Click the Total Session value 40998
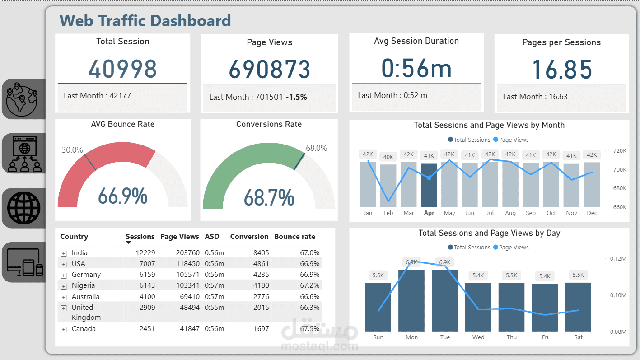coord(122,69)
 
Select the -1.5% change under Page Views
coord(296,97)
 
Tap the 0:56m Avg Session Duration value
coord(416,68)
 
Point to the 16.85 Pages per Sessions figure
coord(561,70)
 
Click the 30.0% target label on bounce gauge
coord(72,150)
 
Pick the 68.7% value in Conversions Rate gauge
coord(269,197)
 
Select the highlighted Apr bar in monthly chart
coord(429,185)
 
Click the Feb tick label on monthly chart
coord(388,213)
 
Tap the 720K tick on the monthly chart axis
coord(620,151)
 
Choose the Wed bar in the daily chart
coord(478,307)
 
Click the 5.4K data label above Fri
coord(545,276)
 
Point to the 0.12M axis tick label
coord(618,258)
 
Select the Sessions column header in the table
coord(140,237)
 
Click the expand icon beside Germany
coord(63,275)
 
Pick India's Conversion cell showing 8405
coord(261,253)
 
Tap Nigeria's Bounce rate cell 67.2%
coord(309,285)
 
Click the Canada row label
coord(84,329)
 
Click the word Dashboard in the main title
coord(190,21)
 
